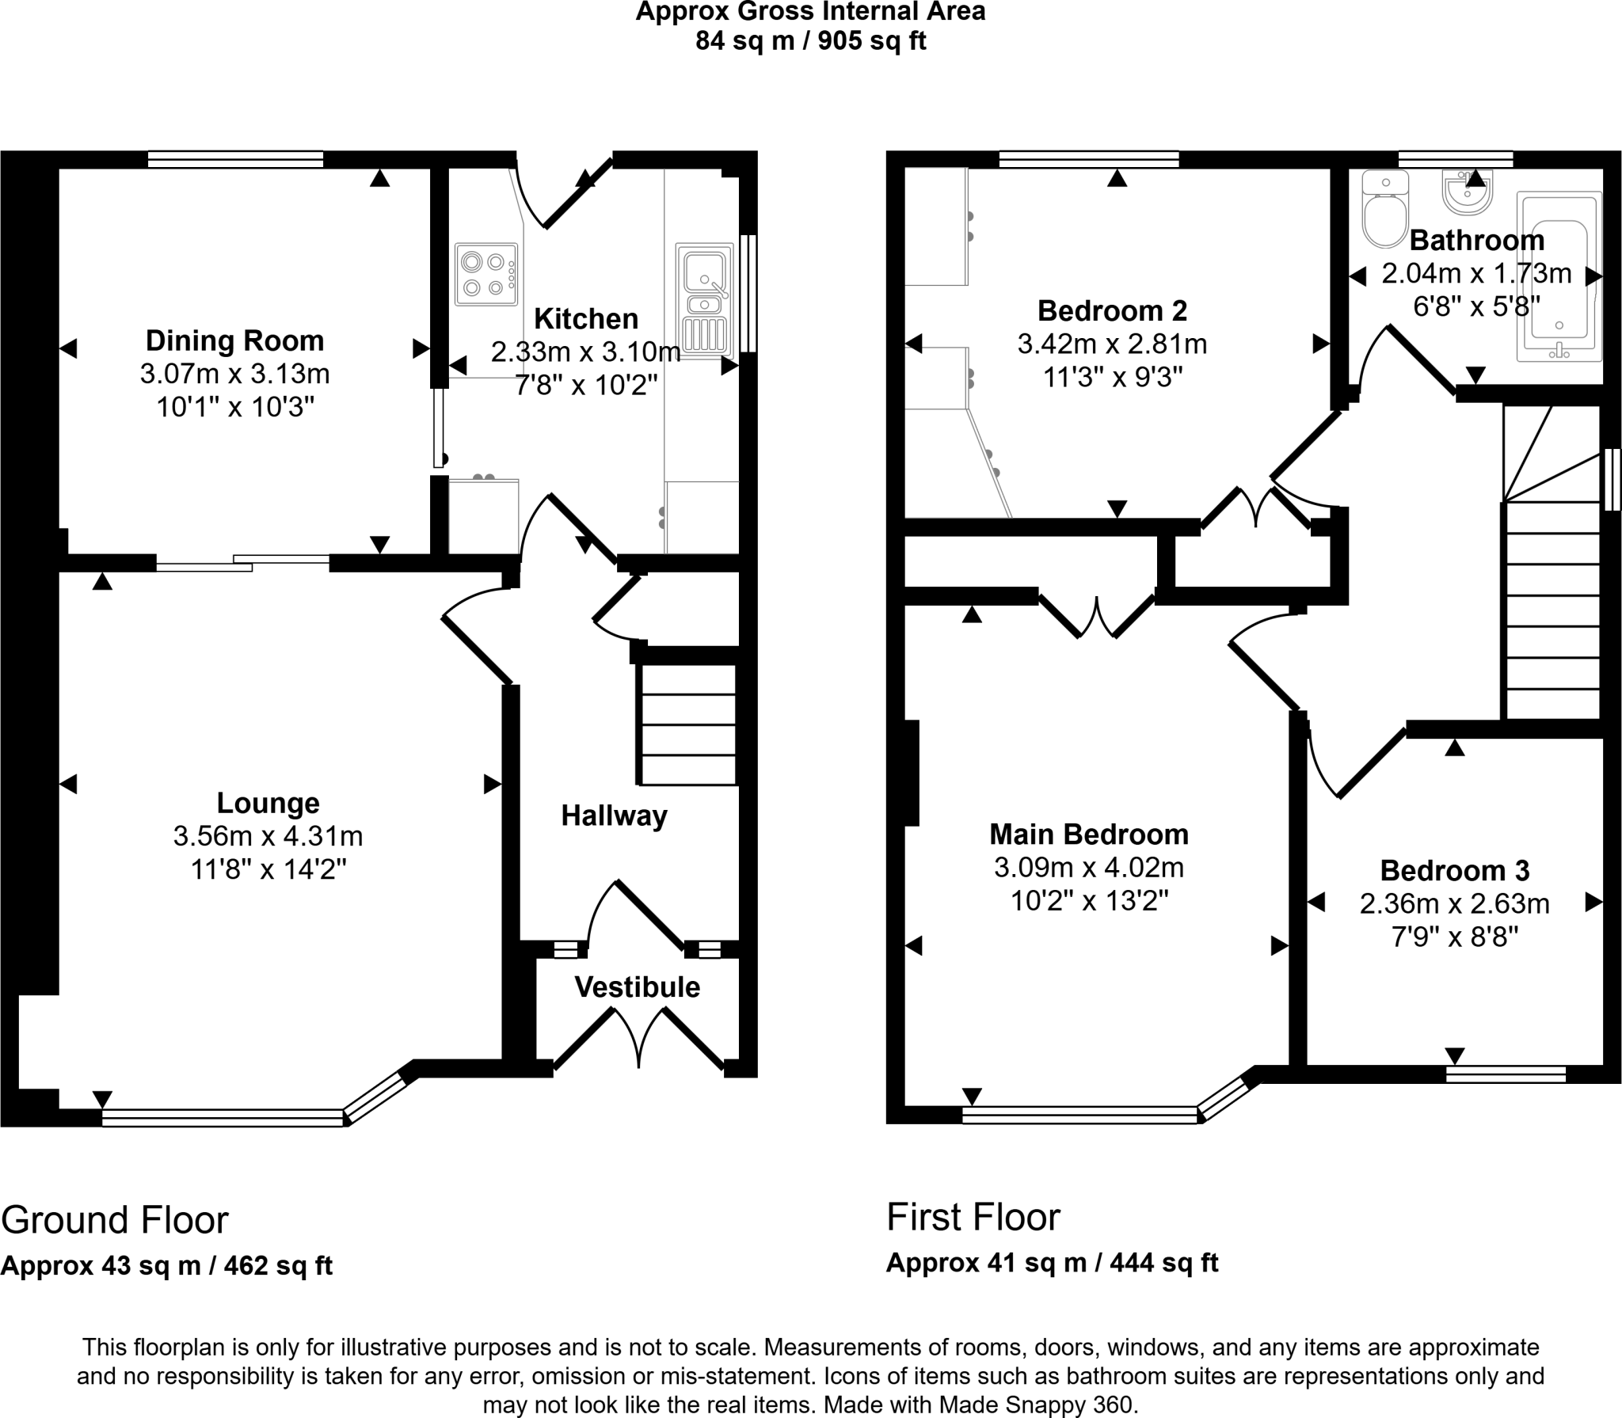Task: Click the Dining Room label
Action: click(x=234, y=340)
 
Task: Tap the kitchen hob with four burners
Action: click(x=485, y=274)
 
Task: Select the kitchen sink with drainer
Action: click(x=704, y=301)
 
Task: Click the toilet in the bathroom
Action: click(x=1384, y=210)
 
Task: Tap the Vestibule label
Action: click(x=637, y=987)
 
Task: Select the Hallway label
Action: click(x=614, y=815)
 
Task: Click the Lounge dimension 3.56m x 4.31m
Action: click(x=268, y=836)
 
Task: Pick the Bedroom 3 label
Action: click(x=1454, y=870)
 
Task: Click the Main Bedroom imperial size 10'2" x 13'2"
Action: click(x=1089, y=901)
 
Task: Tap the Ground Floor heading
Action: click(x=115, y=1220)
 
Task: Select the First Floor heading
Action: click(x=973, y=1217)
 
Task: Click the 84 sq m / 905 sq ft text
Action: click(x=810, y=40)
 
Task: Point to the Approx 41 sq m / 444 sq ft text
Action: click(x=1052, y=1263)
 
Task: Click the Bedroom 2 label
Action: click(x=1112, y=310)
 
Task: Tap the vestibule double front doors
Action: click(x=638, y=1038)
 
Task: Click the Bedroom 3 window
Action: click(x=1505, y=1074)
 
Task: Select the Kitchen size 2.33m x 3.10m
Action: click(x=585, y=352)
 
